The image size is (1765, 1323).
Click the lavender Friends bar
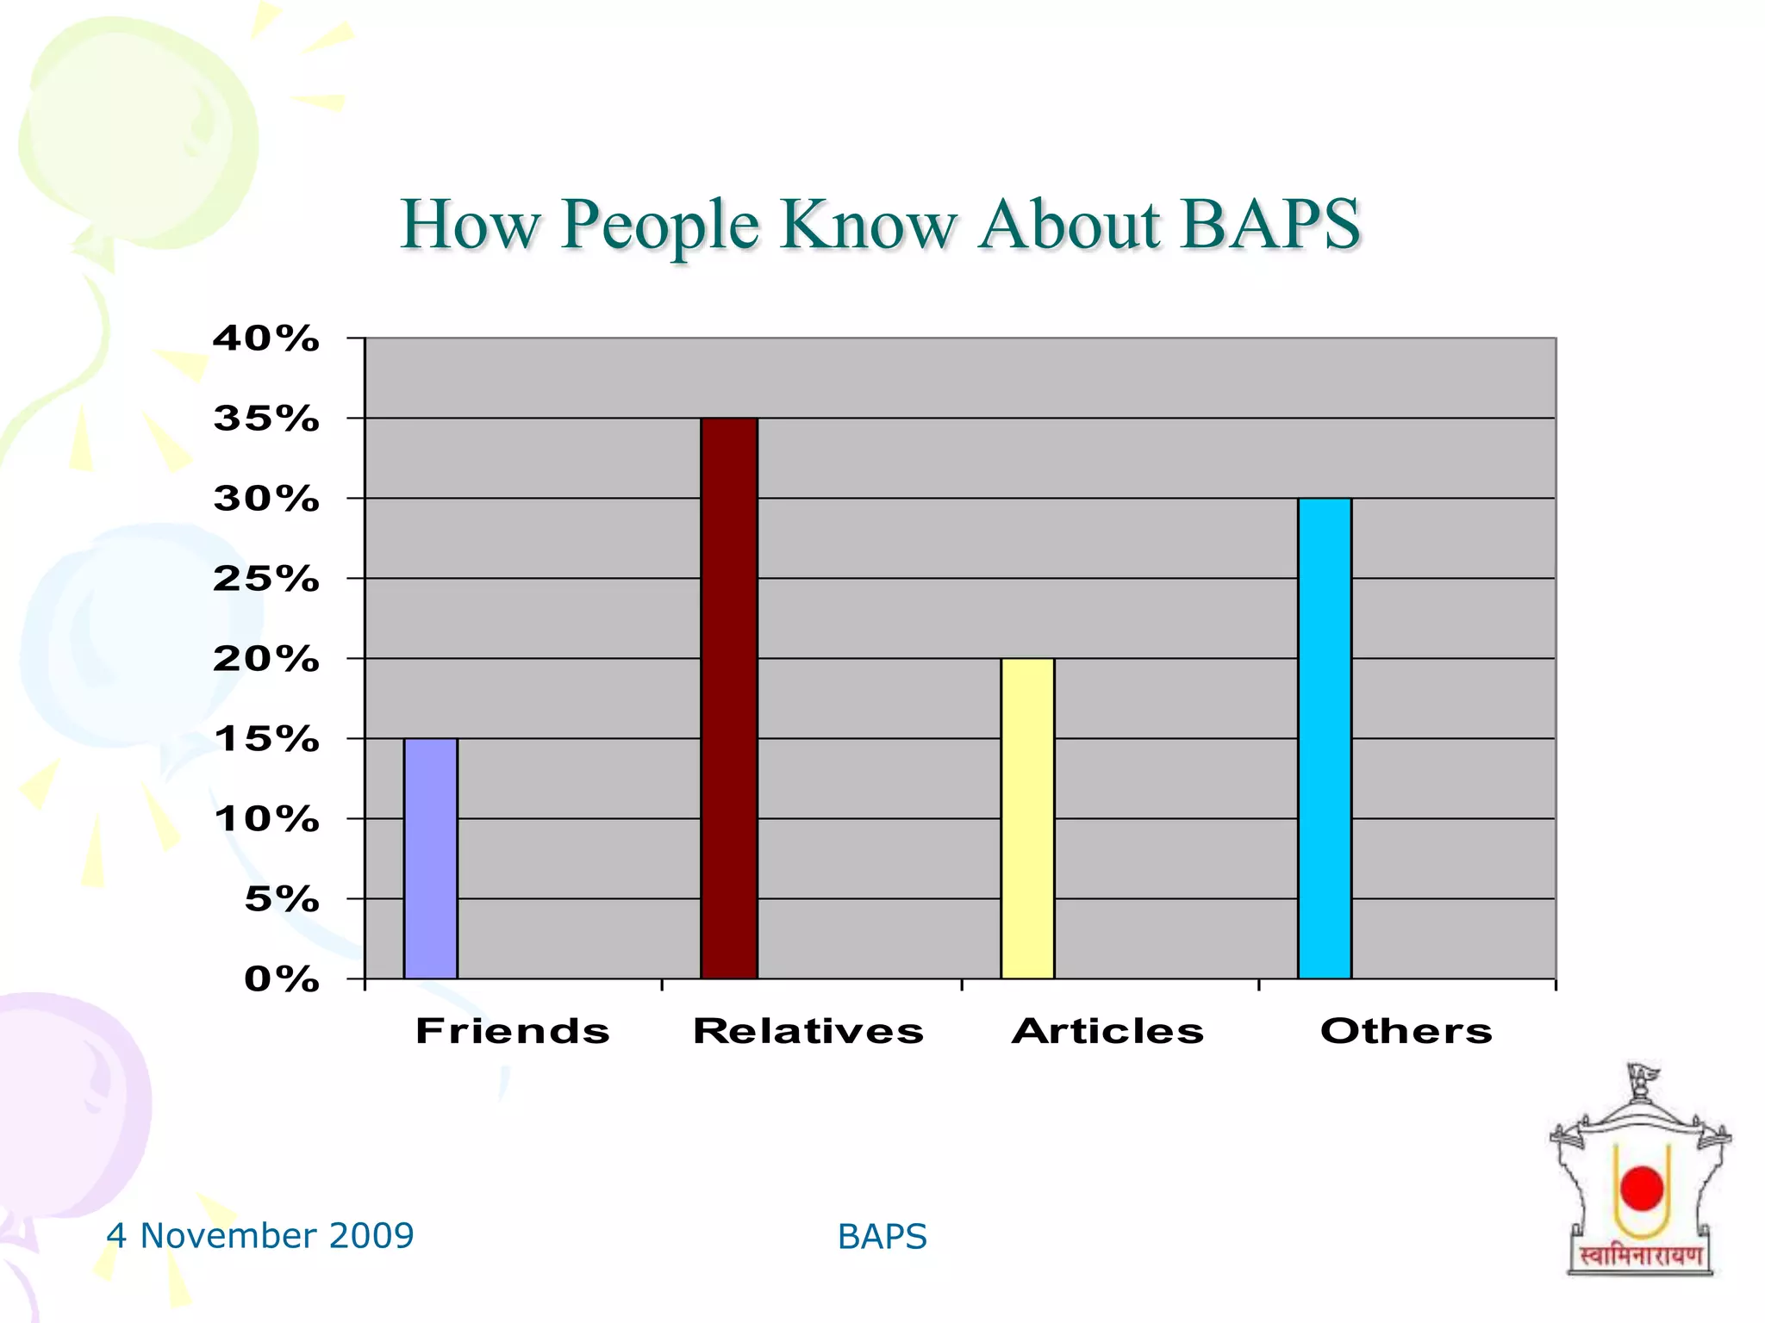click(x=430, y=858)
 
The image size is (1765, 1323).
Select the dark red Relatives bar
click(x=728, y=698)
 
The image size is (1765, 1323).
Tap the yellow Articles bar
click(x=1026, y=818)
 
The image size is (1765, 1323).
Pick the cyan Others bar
click(x=1324, y=738)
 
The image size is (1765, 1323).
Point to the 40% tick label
click(x=266, y=339)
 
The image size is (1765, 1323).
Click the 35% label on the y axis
click(x=266, y=419)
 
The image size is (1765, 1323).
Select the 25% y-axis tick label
click(x=266, y=579)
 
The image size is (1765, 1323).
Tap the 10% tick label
click(x=266, y=819)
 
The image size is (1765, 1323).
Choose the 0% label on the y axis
click(x=281, y=979)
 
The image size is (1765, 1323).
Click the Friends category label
click(x=513, y=1031)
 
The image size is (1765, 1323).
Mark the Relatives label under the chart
click(x=808, y=1031)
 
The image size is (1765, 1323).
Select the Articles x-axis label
click(x=1107, y=1031)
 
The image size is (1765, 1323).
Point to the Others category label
click(x=1406, y=1031)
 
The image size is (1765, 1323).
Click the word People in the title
click(x=660, y=226)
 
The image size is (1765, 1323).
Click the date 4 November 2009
click(x=259, y=1236)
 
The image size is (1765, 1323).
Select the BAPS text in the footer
click(x=882, y=1237)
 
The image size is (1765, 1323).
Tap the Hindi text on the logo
click(x=1640, y=1257)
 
